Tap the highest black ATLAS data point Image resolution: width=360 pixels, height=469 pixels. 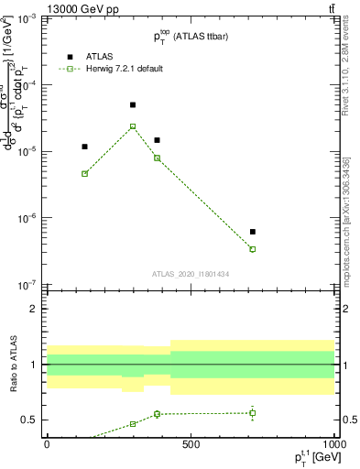point(133,105)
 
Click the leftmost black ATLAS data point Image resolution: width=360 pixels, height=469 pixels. point(84,147)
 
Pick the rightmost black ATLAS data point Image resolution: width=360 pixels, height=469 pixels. point(252,232)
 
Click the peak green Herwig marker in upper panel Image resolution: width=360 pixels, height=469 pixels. point(133,126)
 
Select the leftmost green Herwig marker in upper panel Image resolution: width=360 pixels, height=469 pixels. point(84,173)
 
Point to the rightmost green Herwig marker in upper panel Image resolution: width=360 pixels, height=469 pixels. point(252,249)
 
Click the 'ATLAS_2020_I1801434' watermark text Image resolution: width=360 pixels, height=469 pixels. point(191,274)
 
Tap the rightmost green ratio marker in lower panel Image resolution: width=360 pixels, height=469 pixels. point(252,413)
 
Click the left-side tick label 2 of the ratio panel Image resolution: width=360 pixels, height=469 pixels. point(35,309)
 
